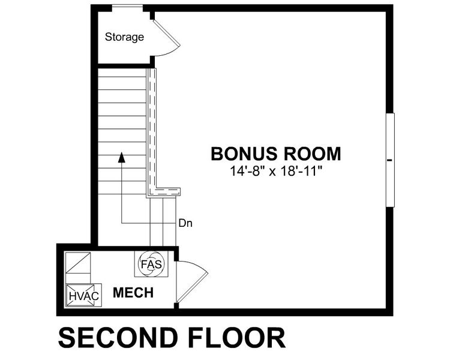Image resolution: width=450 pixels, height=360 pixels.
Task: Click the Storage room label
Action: click(125, 37)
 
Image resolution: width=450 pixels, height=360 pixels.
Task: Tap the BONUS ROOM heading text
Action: click(275, 154)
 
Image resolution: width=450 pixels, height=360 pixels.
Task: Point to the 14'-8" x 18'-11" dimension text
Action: click(276, 171)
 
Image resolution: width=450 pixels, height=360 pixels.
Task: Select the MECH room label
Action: click(133, 293)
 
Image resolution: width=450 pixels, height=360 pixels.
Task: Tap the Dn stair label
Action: click(185, 223)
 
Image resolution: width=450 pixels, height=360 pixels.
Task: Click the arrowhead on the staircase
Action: click(121, 157)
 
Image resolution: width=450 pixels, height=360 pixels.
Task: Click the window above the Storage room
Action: click(127, 8)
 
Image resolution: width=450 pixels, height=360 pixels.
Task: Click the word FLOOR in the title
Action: click(238, 338)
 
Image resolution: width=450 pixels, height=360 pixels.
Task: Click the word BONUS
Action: click(242, 154)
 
